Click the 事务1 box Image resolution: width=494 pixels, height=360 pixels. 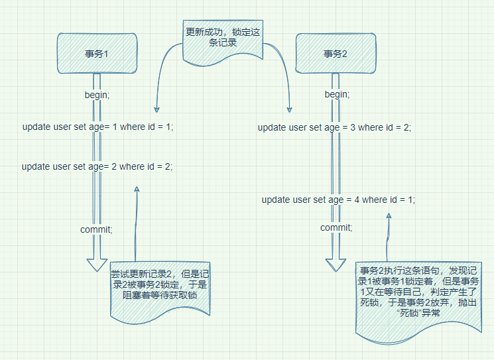[x=97, y=54]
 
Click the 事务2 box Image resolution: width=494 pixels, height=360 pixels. [x=336, y=54]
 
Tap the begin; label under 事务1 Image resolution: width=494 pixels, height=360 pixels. [x=97, y=95]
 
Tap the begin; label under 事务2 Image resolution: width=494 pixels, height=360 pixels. [x=337, y=95]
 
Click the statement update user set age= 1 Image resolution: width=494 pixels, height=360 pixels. [x=97, y=127]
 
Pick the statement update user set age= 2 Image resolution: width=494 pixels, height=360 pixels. [x=97, y=166]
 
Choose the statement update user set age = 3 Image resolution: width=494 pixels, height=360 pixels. [x=334, y=127]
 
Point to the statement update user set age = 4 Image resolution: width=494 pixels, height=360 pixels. [x=338, y=200]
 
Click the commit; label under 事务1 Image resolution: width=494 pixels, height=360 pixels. [x=97, y=229]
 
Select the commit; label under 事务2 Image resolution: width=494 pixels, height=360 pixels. [x=336, y=227]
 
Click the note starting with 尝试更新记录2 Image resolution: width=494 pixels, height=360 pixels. [x=159, y=285]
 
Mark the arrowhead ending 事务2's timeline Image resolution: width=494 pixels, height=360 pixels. [x=337, y=264]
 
